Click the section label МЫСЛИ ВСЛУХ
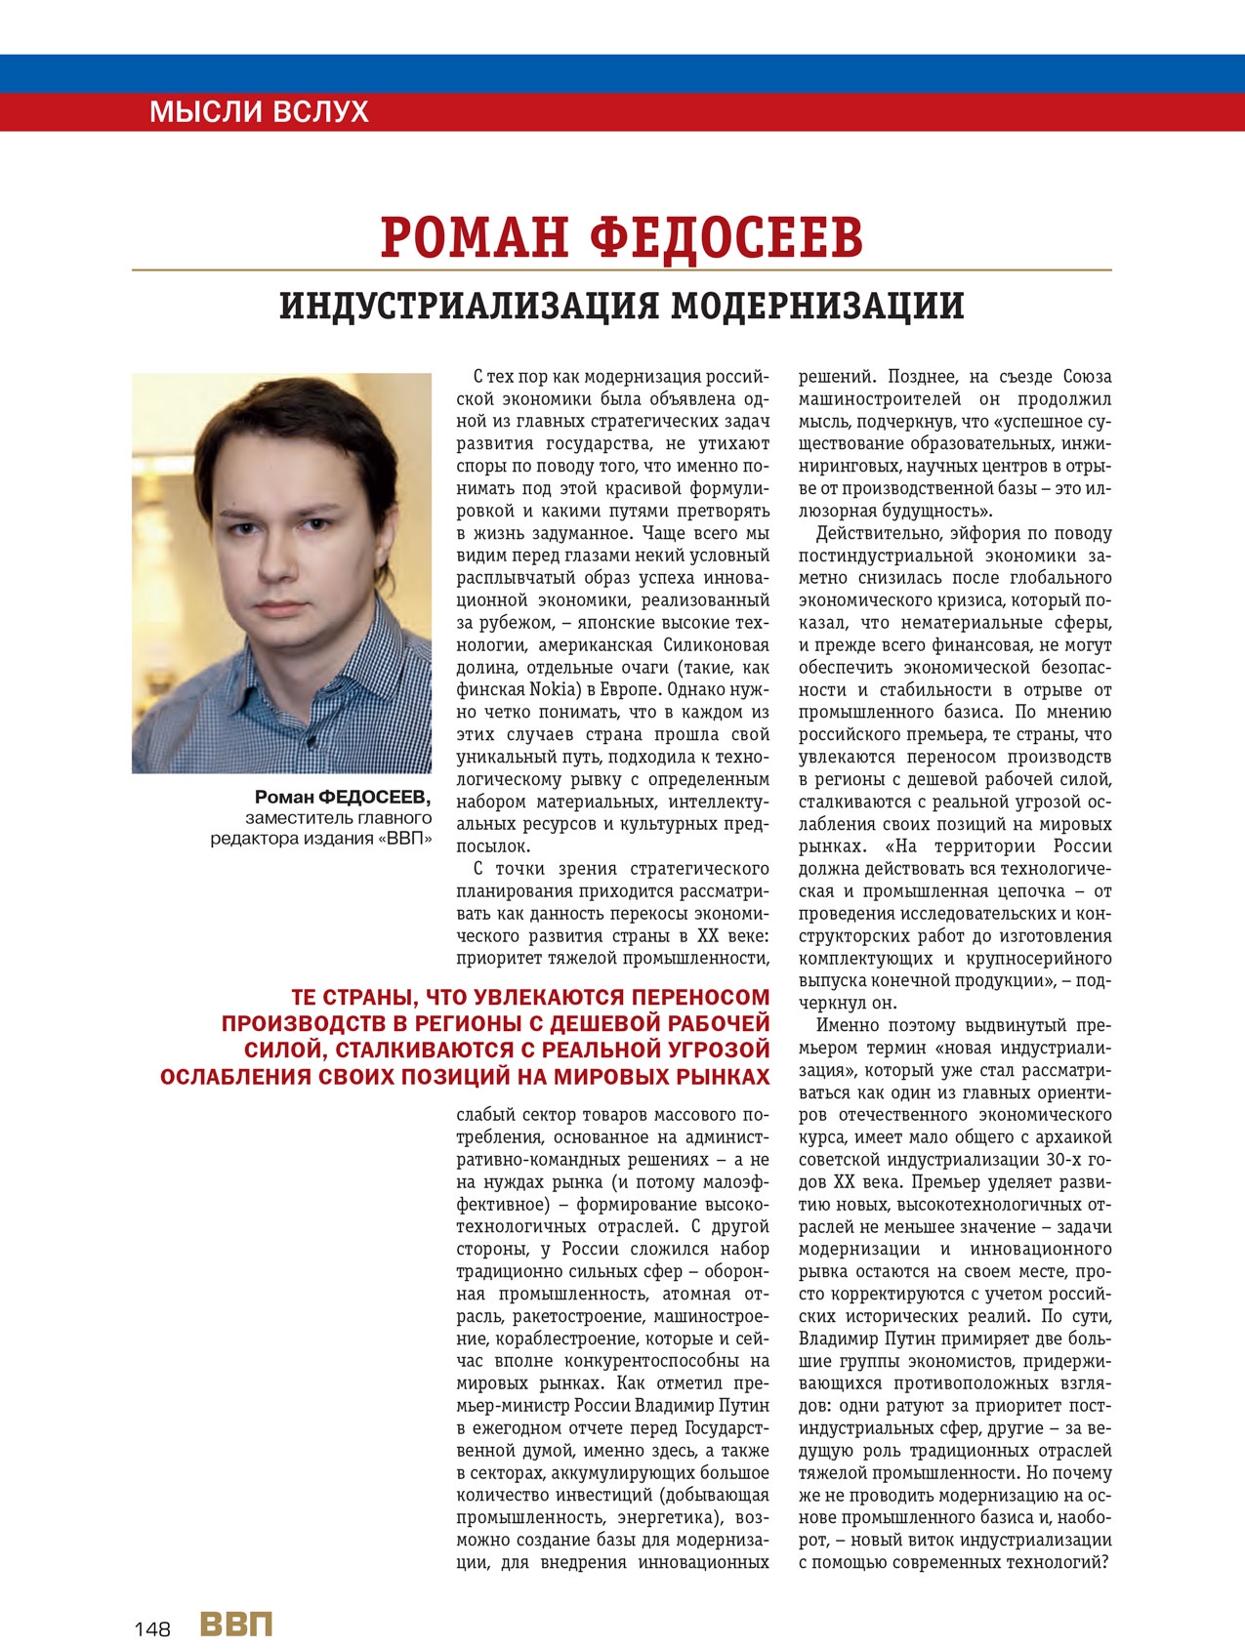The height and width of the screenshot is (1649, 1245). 259,111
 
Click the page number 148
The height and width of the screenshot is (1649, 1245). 152,1628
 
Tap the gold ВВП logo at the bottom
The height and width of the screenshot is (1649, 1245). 236,1624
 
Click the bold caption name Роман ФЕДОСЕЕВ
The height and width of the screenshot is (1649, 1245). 342,797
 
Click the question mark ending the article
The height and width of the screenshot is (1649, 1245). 1106,1562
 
